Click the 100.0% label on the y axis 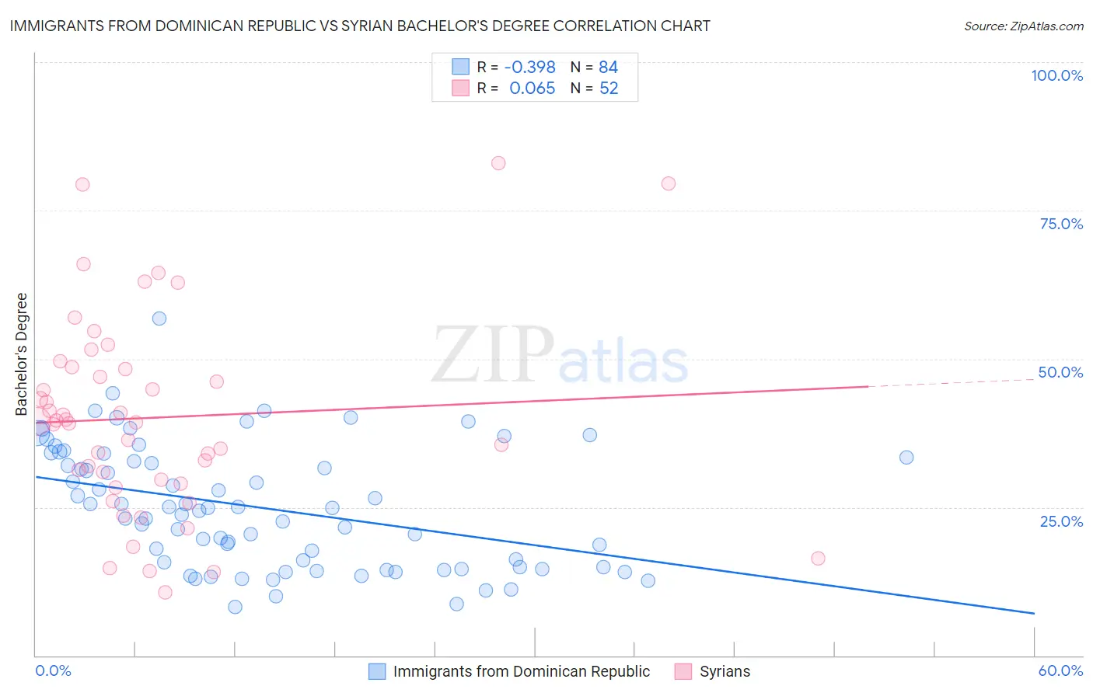1056,75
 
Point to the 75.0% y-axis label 1061,224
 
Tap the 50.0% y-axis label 1060,372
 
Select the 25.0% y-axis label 1061,521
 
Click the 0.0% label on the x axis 53,671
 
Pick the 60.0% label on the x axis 1060,671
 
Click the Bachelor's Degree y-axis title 22,354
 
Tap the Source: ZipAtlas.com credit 1023,26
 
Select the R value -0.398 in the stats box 529,68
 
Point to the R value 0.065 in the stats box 532,89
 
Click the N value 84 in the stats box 608,68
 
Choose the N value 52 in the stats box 609,89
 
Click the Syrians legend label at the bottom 725,671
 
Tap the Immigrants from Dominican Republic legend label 521,671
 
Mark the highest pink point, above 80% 498,163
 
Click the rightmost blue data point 906,458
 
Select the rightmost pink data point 818,559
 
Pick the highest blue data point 159,319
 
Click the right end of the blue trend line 1034,614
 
